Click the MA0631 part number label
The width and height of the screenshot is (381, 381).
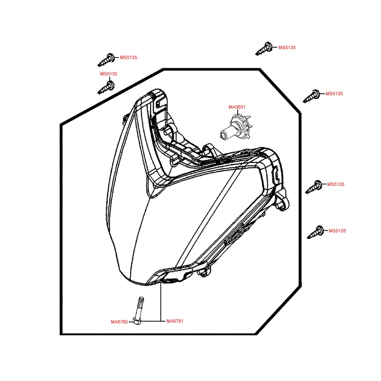(237, 107)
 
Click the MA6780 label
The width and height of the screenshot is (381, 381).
(119, 322)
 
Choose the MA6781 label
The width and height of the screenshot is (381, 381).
(175, 321)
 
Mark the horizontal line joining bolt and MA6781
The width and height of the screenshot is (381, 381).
(150, 321)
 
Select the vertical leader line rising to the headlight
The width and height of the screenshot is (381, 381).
(161, 301)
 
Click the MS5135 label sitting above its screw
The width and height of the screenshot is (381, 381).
(109, 74)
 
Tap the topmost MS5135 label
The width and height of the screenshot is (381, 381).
(287, 48)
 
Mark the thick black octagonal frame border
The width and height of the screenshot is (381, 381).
(61, 229)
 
